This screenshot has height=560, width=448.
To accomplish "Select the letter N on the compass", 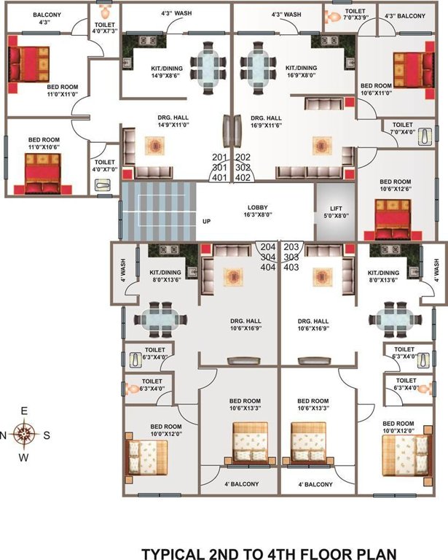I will (x=4, y=435).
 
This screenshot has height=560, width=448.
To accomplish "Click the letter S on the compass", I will (x=47, y=435).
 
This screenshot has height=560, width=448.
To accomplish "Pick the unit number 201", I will (x=219, y=157).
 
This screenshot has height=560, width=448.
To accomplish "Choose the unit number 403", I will (x=291, y=267).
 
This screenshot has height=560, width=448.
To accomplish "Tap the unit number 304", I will (x=268, y=257).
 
